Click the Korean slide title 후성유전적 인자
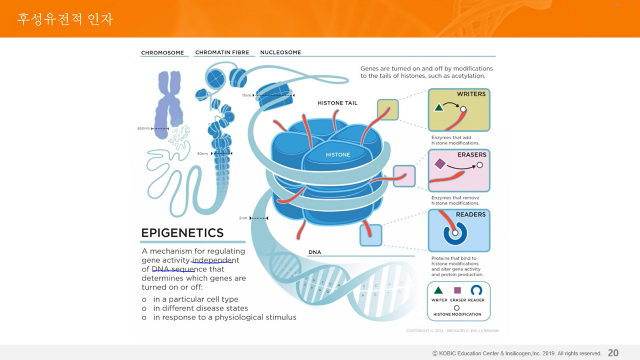65,20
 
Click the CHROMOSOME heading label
162,53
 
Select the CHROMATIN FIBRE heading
222,52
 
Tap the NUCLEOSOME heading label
281,52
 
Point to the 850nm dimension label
144,129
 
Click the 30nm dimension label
203,154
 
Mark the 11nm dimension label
246,95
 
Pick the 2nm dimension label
243,218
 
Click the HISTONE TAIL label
338,103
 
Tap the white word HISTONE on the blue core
338,155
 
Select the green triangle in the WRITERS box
439,108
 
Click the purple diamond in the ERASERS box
439,164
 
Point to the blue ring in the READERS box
455,234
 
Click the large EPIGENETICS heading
182,233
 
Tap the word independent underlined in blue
215,260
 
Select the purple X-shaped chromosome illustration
169,104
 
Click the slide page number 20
613,353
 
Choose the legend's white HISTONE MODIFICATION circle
457,308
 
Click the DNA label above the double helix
315,252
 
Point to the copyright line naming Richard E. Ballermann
452,331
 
